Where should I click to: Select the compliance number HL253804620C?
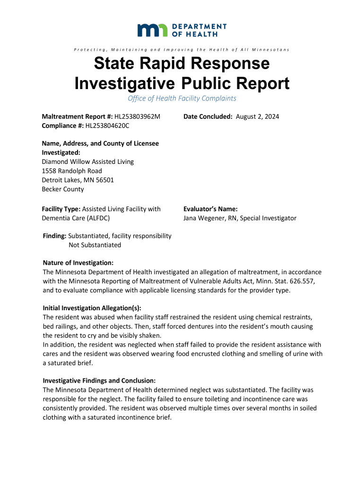107,126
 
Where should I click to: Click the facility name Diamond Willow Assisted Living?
88,162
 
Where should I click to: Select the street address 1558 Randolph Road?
72,171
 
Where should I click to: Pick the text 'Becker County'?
63,189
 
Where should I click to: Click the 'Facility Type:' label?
61,209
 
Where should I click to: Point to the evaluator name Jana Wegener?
206,218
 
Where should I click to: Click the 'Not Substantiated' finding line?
95,245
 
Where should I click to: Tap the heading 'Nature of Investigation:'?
78,263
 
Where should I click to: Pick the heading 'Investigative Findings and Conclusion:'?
99,381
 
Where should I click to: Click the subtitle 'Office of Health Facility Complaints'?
182,99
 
